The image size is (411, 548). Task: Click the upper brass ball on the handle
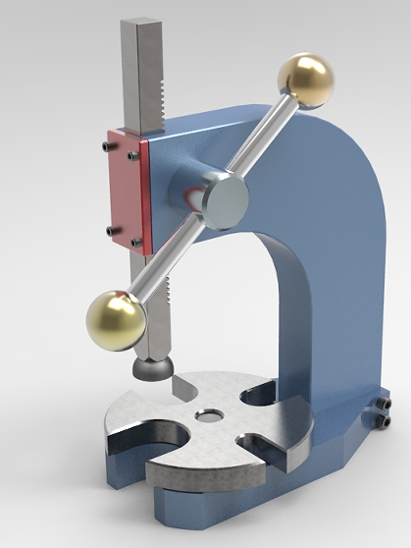(x=306, y=79)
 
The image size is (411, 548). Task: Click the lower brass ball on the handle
(x=116, y=320)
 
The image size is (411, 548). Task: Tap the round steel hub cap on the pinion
(x=226, y=199)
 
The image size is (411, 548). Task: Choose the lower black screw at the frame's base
(x=385, y=422)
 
